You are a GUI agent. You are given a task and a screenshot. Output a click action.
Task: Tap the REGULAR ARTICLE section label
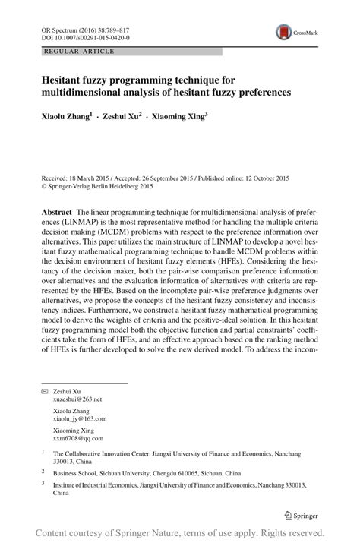(69, 51)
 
